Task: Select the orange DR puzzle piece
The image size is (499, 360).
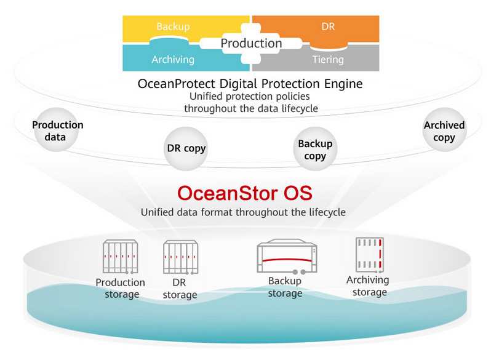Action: pyautogui.click(x=328, y=27)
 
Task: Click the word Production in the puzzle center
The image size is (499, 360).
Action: pyautogui.click(x=251, y=43)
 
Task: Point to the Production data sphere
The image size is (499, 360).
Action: pyautogui.click(x=57, y=130)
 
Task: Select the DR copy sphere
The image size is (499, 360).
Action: pyautogui.click(x=186, y=149)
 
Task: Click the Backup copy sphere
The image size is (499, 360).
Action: pyautogui.click(x=315, y=149)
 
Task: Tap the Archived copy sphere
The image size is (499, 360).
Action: pyautogui.click(x=445, y=130)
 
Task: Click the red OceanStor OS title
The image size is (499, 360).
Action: pyautogui.click(x=245, y=193)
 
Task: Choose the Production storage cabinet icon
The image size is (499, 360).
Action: pyautogui.click(x=121, y=257)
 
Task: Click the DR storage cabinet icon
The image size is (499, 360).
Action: pyautogui.click(x=180, y=257)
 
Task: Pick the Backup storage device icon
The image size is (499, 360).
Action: pyautogui.click(x=287, y=257)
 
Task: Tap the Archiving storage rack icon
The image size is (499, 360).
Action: pyautogui.click(x=369, y=255)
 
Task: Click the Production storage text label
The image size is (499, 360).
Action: pyautogui.click(x=121, y=289)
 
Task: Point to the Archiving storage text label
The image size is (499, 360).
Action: pyautogui.click(x=368, y=286)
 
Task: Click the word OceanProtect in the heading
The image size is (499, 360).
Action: pyautogui.click(x=177, y=84)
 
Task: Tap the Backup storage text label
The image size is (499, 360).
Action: pyautogui.click(x=285, y=287)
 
